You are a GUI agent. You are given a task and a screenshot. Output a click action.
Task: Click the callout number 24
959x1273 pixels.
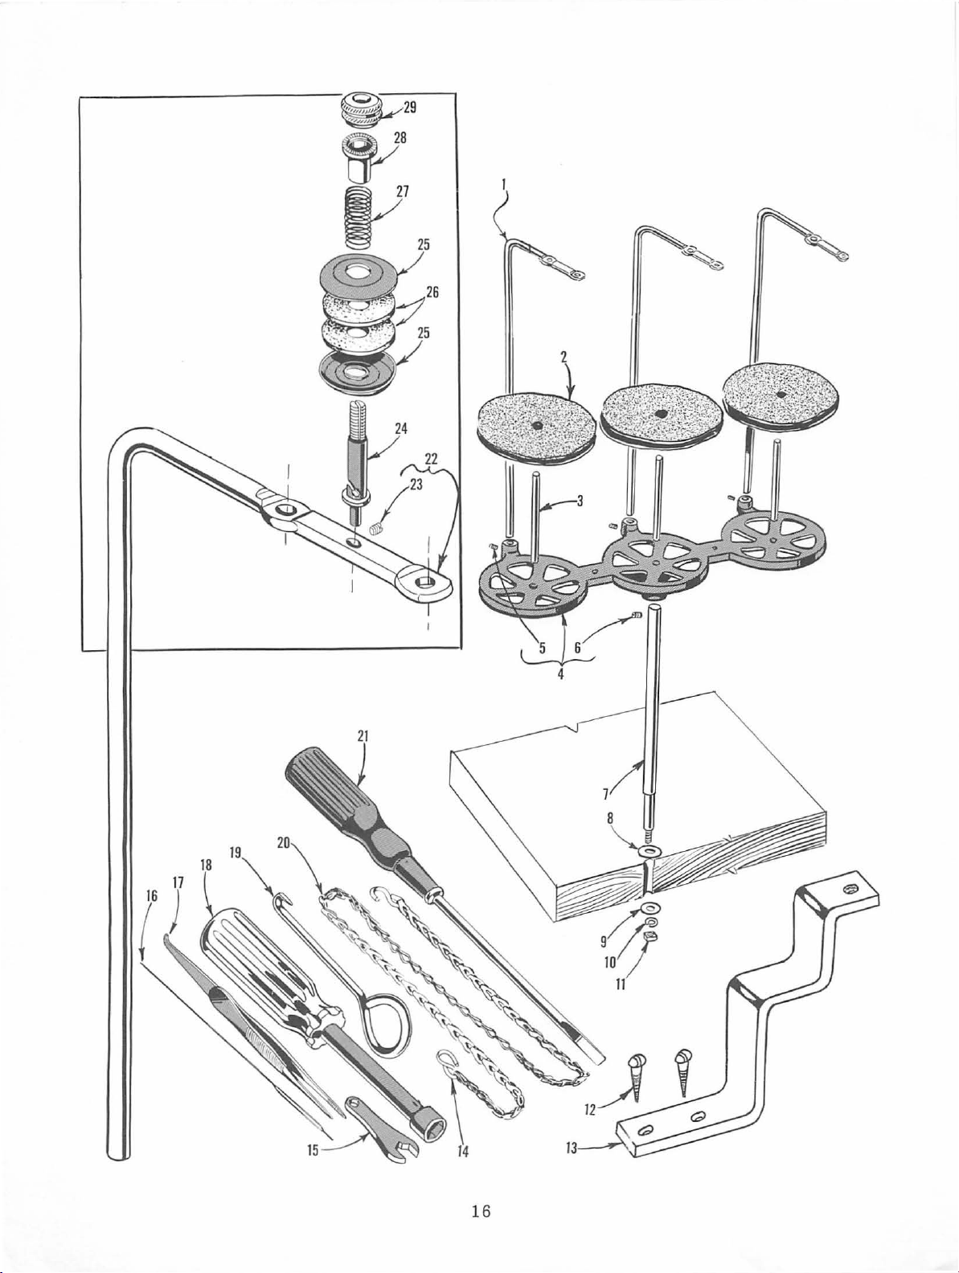(x=401, y=428)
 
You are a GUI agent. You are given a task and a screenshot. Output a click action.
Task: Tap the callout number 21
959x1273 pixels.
(x=363, y=735)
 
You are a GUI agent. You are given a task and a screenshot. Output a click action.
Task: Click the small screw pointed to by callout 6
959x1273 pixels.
(x=635, y=615)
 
